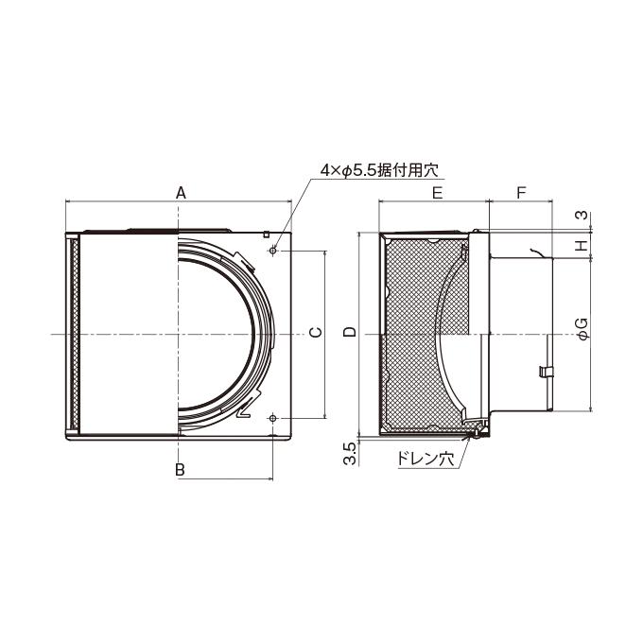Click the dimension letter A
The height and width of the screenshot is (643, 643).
tap(181, 192)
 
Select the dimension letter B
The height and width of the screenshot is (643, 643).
tap(180, 470)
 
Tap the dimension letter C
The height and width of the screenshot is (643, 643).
tap(316, 332)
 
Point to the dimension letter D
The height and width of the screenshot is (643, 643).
tap(350, 332)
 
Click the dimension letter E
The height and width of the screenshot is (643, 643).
tap(438, 192)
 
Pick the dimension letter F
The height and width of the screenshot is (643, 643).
tap(521, 192)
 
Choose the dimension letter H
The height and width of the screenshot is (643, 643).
tap(582, 245)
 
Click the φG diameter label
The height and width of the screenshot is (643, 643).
tap(582, 328)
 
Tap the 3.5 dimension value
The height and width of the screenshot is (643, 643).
tap(349, 454)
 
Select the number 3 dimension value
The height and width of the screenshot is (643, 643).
tap(582, 215)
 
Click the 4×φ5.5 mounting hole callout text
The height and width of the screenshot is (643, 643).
tap(379, 170)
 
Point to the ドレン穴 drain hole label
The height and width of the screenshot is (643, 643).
tap(426, 459)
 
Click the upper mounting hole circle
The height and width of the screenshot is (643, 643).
tap(273, 251)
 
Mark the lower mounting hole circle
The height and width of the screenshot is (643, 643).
tap(272, 418)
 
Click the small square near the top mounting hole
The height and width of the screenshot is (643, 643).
tap(266, 235)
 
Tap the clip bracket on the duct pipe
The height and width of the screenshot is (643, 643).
tap(546, 371)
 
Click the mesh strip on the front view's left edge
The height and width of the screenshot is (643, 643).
tap(74, 335)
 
